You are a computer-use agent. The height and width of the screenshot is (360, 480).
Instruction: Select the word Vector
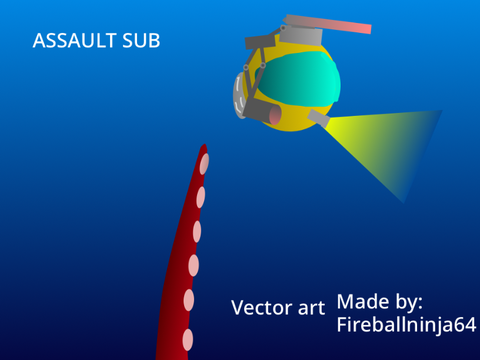(x=262, y=307)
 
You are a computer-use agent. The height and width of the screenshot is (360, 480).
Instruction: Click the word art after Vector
(x=311, y=308)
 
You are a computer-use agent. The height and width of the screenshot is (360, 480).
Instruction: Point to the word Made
(x=363, y=302)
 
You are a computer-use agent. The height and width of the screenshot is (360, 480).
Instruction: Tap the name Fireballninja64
(x=406, y=324)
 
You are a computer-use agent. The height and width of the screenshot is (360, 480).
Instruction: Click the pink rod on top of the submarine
(x=328, y=24)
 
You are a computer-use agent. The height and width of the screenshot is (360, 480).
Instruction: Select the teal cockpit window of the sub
(x=298, y=79)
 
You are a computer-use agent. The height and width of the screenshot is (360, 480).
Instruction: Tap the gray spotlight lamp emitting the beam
(x=318, y=118)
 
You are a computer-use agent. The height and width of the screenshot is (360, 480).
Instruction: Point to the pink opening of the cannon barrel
(x=275, y=114)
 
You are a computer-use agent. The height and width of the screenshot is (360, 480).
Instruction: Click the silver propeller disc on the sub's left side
(x=239, y=96)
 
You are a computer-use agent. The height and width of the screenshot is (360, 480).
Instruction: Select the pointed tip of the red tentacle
(x=204, y=145)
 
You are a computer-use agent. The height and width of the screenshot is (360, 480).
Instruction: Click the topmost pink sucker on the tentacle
(x=204, y=163)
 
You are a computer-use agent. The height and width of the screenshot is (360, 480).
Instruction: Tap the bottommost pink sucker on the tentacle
(x=188, y=340)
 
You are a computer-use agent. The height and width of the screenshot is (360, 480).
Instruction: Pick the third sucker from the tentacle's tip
(x=197, y=231)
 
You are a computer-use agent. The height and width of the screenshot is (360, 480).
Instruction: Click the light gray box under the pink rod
(x=301, y=36)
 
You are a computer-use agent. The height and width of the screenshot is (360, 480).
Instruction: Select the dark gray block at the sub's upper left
(x=260, y=42)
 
